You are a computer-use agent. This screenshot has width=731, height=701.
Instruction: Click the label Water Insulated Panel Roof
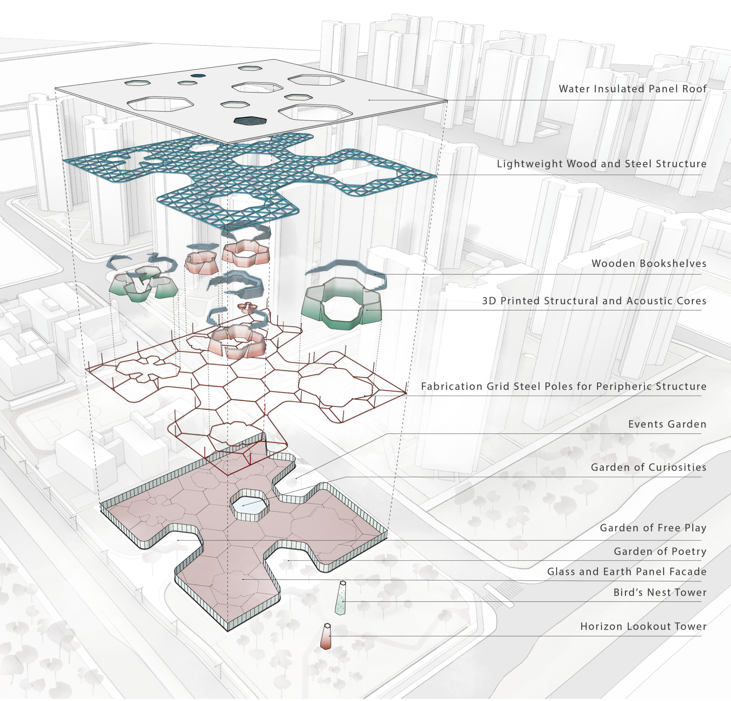[632, 89]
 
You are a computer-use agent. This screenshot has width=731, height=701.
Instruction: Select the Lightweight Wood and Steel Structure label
[601, 164]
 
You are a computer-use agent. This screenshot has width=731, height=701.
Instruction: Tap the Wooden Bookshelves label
[649, 264]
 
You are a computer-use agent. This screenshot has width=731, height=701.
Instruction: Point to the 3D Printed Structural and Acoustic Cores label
[594, 301]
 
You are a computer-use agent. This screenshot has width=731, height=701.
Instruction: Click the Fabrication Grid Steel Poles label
[564, 386]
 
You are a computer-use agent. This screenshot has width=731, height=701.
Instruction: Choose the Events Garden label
[667, 424]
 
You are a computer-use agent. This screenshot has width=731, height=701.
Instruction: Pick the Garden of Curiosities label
[649, 467]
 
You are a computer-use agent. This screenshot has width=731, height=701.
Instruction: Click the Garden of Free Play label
[653, 528]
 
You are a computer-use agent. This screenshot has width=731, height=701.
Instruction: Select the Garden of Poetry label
[660, 551]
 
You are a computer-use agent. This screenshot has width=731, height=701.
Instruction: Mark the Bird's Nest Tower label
[660, 592]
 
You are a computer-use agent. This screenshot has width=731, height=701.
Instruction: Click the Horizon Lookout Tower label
[643, 626]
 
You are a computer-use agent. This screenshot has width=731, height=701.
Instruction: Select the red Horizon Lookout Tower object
[326, 636]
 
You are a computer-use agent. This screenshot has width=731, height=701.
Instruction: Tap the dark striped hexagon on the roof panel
[250, 120]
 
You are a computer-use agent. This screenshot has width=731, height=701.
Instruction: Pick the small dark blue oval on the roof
[198, 75]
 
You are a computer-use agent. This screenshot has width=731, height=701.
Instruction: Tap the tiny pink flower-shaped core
[247, 307]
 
